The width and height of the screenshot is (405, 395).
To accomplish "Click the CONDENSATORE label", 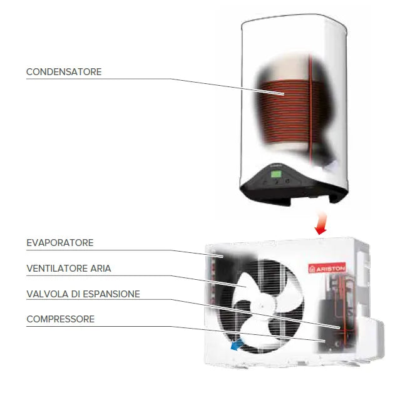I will pos(63,72).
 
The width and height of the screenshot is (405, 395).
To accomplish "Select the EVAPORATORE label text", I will pos(60,242).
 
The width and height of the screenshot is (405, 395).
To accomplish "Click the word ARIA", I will pos(101,269).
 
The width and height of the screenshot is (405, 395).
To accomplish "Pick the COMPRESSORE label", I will pos(60,319).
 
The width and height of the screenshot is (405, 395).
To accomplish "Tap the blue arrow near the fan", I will pos(237,344).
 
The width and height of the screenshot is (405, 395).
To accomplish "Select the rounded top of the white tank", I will pos(294,25).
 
